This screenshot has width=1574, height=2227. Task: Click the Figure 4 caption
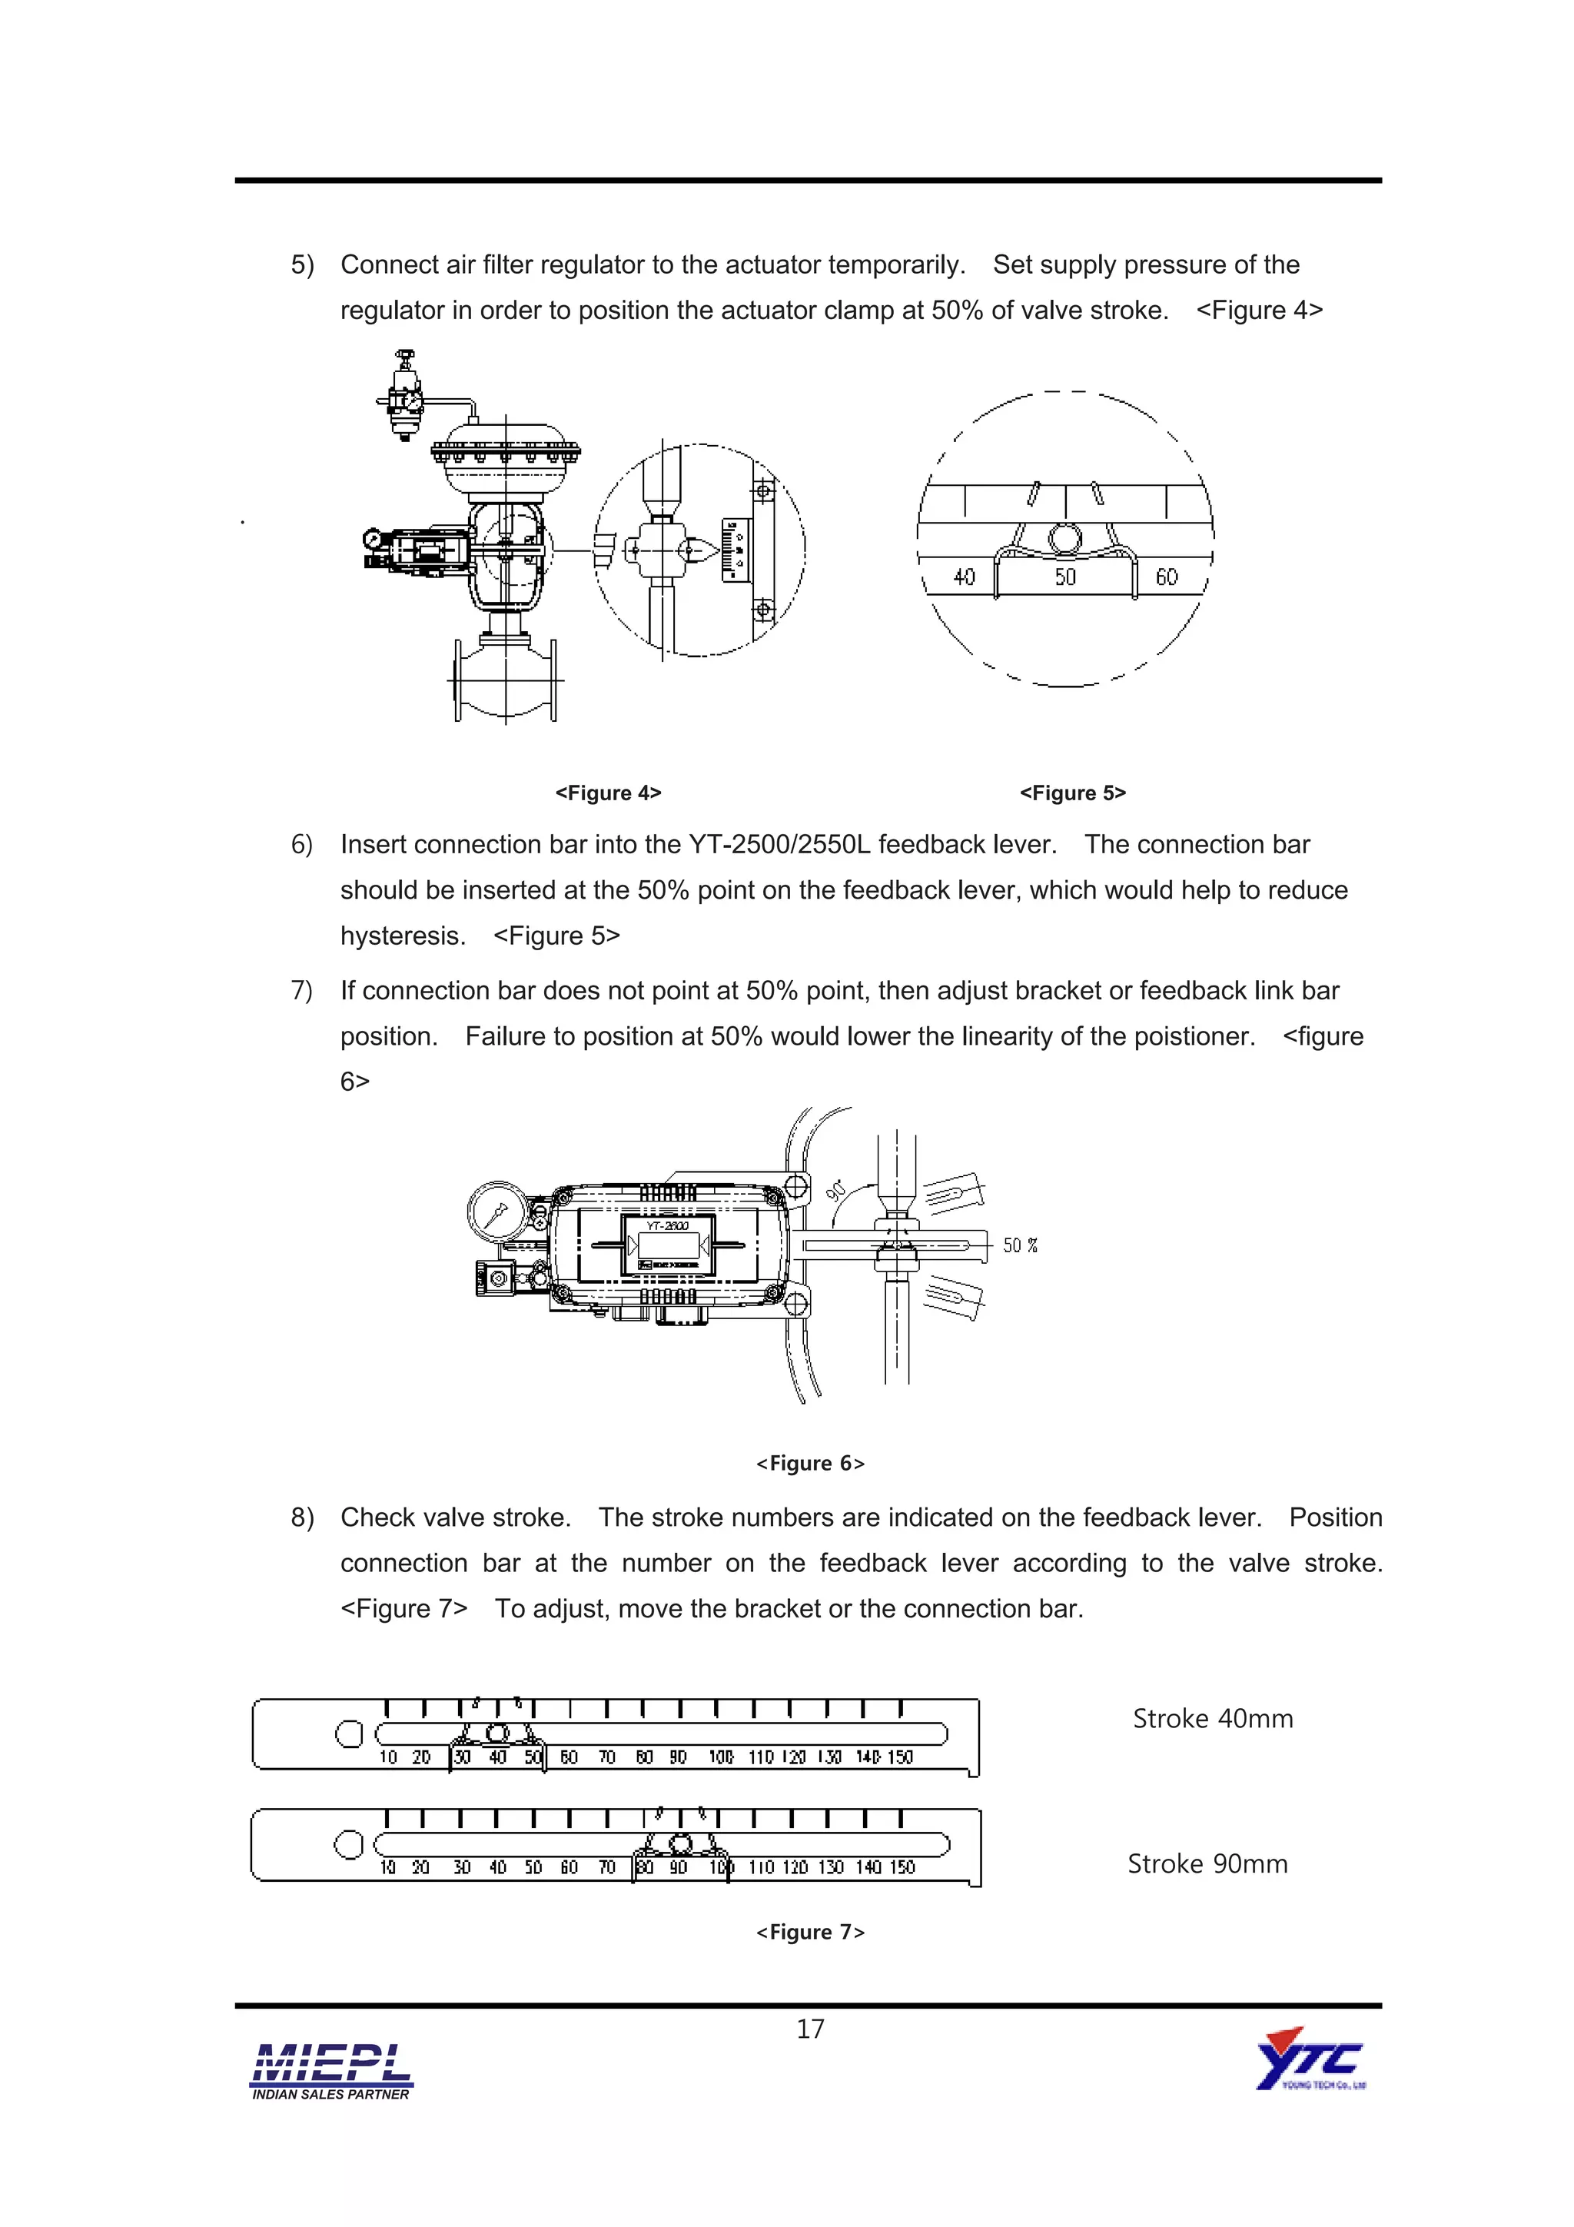(608, 793)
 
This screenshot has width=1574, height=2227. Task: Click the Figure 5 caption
(1073, 793)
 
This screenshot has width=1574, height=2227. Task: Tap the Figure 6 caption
(810, 1463)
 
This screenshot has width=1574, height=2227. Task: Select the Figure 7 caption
(810, 1931)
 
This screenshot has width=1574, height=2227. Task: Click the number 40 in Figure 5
(964, 577)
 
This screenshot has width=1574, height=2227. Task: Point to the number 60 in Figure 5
(1167, 577)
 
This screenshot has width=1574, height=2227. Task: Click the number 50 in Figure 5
(1065, 577)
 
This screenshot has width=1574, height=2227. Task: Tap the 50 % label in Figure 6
(1019, 1245)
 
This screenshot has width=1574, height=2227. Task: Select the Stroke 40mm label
(1212, 1719)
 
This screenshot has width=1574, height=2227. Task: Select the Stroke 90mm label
(1207, 1863)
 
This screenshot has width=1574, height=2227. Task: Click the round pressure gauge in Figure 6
(497, 1212)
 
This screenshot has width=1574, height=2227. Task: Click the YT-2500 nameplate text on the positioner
(668, 1226)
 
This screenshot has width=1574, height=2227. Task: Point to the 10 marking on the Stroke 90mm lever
(387, 1867)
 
